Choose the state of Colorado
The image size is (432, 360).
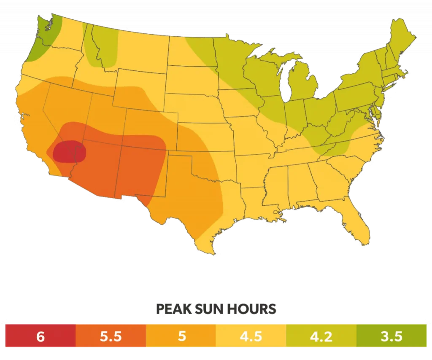[x=143, y=122]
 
